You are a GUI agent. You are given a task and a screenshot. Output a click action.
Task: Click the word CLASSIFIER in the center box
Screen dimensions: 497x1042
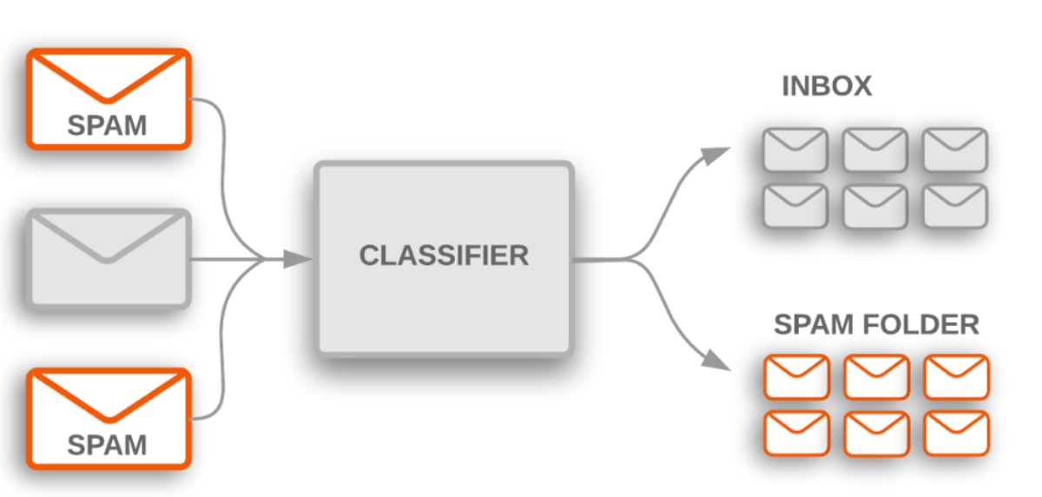[x=444, y=255]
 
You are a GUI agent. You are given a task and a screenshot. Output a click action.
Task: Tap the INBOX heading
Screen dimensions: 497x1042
[x=827, y=87]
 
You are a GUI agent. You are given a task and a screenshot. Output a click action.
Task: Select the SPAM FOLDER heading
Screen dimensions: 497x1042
[x=876, y=325]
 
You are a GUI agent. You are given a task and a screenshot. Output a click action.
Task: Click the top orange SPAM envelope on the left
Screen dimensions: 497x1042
[x=109, y=99]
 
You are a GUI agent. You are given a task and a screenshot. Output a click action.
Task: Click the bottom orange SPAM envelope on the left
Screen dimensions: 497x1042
[x=109, y=419]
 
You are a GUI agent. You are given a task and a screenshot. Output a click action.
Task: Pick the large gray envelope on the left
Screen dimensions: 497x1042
[x=109, y=258]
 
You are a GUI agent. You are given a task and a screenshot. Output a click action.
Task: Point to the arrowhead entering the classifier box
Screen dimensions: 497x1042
[x=297, y=258]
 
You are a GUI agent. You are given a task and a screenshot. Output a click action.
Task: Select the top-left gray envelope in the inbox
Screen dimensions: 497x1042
[x=795, y=150]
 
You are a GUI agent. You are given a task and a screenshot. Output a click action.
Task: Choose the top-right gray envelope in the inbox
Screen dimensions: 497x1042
[x=955, y=150]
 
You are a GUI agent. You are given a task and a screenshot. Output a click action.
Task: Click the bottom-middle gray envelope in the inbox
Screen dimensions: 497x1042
[x=875, y=206]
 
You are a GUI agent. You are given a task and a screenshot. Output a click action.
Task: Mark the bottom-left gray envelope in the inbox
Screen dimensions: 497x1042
[x=795, y=206]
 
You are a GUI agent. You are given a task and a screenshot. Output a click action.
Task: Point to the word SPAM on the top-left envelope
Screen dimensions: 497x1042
[x=107, y=125]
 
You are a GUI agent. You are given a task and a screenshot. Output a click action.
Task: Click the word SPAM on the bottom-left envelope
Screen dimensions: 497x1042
[x=107, y=445]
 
